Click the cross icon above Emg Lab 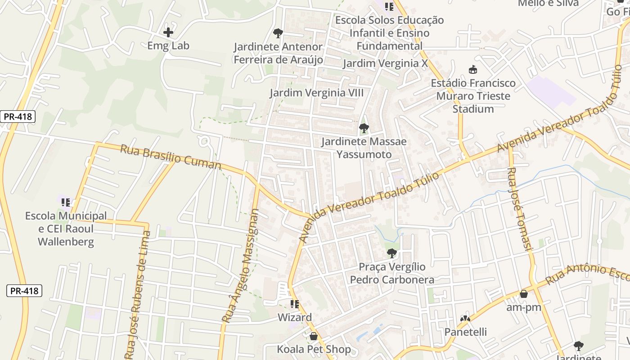168,32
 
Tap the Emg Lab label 168,45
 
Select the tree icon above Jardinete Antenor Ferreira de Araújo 278,33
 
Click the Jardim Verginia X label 385,63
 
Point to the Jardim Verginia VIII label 316,93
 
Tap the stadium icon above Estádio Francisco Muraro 473,70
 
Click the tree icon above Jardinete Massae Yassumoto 364,128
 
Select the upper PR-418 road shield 18,117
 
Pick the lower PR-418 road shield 25,291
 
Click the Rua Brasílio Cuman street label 171,157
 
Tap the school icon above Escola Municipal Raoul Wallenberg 66,202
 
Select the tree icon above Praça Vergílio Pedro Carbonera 392,253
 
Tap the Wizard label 294,317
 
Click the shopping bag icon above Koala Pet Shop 314,336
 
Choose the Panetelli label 466,332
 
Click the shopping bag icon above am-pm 524,294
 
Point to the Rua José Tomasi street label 520,209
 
